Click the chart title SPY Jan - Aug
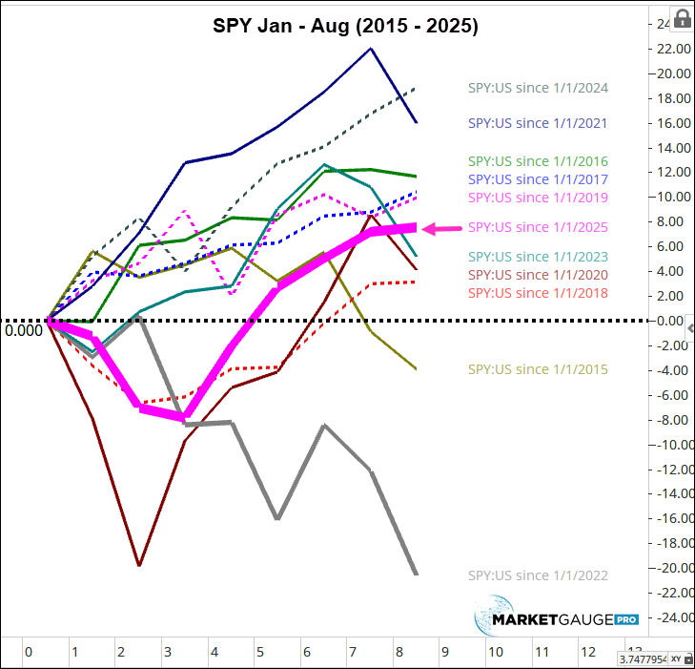pos(345,26)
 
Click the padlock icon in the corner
pos(683,18)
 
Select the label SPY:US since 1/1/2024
pos(537,88)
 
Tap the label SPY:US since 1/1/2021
pos(537,123)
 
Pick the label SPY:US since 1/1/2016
pos(537,161)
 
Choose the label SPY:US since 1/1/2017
pos(537,178)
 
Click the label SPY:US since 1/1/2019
pos(537,198)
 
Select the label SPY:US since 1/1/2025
pos(537,227)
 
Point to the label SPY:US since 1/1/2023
pos(537,257)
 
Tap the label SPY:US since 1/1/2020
pos(537,275)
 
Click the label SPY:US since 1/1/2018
pos(537,293)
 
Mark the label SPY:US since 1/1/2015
pos(537,369)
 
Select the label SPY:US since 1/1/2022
pos(537,575)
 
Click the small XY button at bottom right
pos(676,659)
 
